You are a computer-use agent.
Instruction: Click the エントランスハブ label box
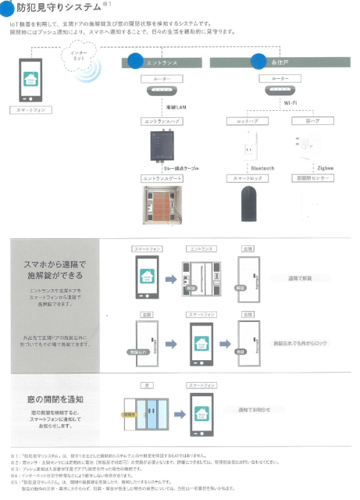[x=162, y=122]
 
